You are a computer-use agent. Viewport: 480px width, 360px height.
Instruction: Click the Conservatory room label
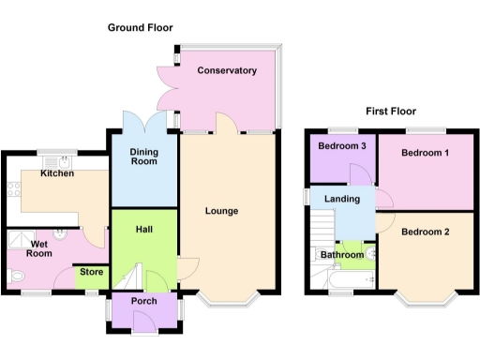[226, 70]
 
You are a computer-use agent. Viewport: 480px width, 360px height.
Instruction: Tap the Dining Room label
[143, 156]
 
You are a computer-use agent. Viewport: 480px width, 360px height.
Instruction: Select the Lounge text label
[221, 211]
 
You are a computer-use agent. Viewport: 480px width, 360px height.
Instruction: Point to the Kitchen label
[56, 174]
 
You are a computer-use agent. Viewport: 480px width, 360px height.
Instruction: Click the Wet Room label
[38, 248]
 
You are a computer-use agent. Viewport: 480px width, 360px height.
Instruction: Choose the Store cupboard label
[91, 274]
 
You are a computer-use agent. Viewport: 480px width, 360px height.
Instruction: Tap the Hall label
[143, 229]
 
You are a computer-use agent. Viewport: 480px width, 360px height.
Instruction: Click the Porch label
[143, 301]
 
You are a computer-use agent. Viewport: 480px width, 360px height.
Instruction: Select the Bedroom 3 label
[341, 146]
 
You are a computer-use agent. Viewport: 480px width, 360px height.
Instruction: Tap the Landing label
[342, 199]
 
